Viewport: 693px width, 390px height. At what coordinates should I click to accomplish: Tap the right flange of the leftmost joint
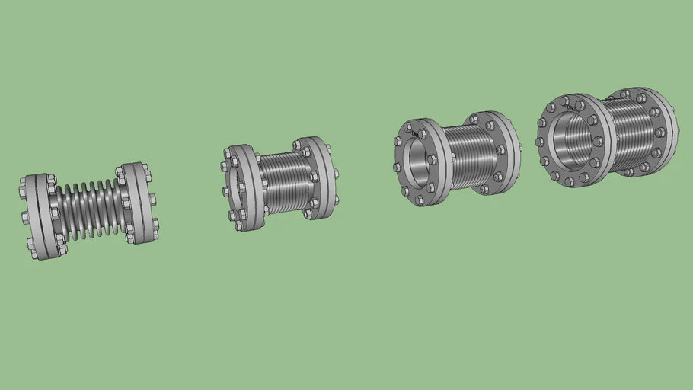pyautogui.click(x=140, y=202)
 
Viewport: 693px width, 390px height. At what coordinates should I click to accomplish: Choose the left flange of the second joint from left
pyautogui.click(x=243, y=187)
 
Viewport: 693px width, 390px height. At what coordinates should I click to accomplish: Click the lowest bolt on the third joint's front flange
pyautogui.click(x=419, y=200)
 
